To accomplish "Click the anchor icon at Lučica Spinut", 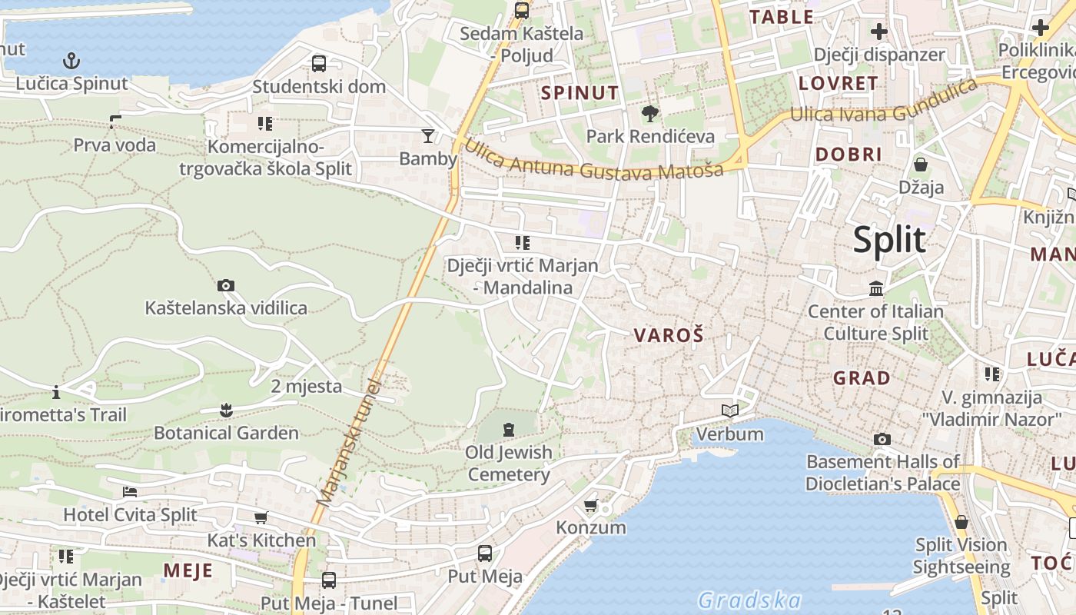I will (x=71, y=60).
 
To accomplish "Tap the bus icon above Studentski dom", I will (x=319, y=63).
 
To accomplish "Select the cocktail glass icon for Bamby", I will (x=428, y=136).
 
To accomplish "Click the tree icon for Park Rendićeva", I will (x=650, y=114).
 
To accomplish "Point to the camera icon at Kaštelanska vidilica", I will (x=226, y=285).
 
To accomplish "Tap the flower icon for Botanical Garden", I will (x=226, y=410).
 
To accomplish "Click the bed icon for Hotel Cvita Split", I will (x=130, y=492).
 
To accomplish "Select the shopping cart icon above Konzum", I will (x=590, y=505).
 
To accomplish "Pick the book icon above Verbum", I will (x=730, y=411).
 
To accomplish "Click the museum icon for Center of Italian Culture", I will (x=875, y=289).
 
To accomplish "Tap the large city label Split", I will (x=889, y=240).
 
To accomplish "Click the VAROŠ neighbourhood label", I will (x=669, y=335).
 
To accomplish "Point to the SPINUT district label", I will (x=580, y=93).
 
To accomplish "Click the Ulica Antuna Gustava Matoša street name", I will (x=593, y=160).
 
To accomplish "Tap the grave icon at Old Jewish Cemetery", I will (x=509, y=429).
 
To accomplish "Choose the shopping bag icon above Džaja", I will (x=921, y=165).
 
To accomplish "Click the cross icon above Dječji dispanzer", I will (x=878, y=32).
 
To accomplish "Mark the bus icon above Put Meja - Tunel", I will (x=329, y=580).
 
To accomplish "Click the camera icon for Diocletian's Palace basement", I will (x=882, y=439).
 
